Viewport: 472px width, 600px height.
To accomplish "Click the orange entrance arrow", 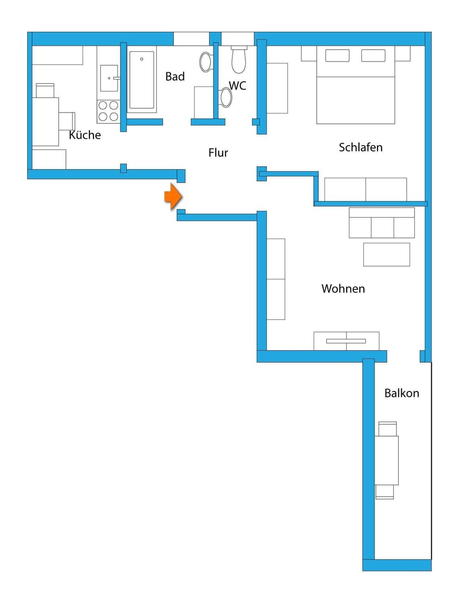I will click(173, 197).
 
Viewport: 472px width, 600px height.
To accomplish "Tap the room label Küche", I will click(85, 135).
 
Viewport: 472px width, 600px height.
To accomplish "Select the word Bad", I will click(175, 77).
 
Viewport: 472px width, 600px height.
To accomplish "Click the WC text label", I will click(237, 86).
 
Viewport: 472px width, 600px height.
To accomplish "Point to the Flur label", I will click(218, 153).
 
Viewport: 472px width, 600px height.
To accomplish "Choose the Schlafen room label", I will click(360, 148).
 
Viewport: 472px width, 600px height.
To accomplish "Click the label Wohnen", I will click(343, 289).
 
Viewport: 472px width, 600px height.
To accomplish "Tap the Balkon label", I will click(402, 393).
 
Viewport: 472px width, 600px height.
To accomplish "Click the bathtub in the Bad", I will click(142, 80).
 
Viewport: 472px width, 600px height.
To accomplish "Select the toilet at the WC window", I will click(238, 60).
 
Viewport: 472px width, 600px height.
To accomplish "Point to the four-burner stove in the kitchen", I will click(109, 111).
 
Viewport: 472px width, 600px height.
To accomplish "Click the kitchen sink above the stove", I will click(109, 78).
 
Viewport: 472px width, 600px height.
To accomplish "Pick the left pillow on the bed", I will click(337, 56).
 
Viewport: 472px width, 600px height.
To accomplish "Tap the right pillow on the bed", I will click(373, 56).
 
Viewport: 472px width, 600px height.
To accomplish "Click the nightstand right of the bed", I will click(402, 54).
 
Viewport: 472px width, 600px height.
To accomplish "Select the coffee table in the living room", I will click(386, 255).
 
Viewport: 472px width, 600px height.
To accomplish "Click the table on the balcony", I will click(386, 460).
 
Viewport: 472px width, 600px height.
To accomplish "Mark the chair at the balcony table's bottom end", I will click(384, 492).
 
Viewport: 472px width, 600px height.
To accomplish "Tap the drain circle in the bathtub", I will click(142, 59).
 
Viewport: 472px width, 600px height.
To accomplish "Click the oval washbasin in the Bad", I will click(206, 62).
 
